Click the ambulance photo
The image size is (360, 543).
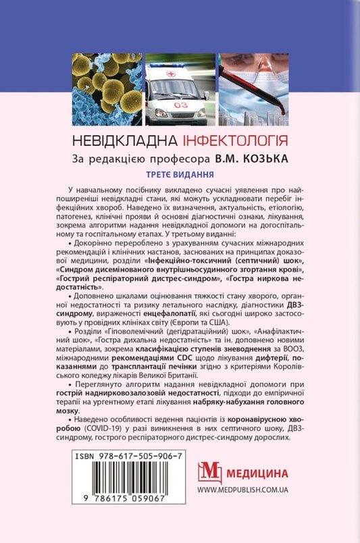click(180, 84)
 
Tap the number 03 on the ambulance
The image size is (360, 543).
click(181, 105)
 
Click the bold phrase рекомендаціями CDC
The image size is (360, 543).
click(167, 357)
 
